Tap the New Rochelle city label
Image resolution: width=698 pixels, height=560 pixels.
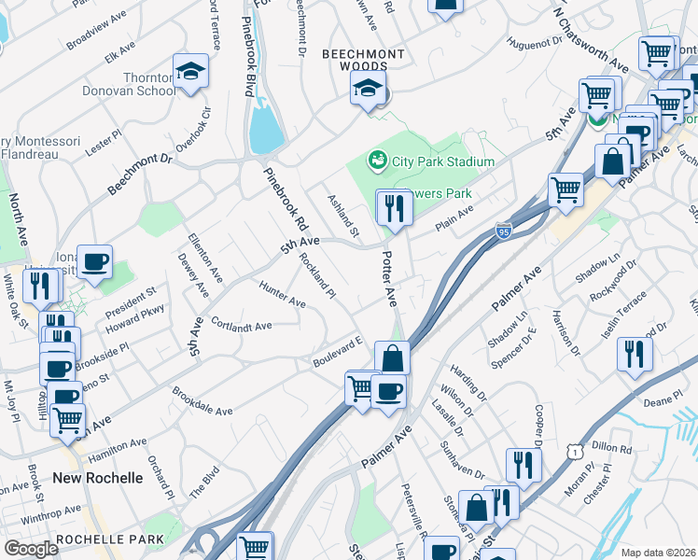pyautogui.click(x=98, y=478)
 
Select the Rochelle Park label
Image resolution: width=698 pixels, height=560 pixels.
pyautogui.click(x=110, y=539)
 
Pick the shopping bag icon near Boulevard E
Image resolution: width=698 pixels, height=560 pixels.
pyautogui.click(x=392, y=358)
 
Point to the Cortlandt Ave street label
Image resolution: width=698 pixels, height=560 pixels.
pyautogui.click(x=241, y=326)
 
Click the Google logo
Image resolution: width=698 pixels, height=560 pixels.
pyautogui.click(x=31, y=549)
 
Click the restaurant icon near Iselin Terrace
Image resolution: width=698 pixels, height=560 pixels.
pyautogui.click(x=635, y=355)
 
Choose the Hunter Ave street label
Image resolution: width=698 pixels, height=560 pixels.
pyautogui.click(x=283, y=296)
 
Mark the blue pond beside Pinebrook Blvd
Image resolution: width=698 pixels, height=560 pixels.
pyautogui.click(x=265, y=127)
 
